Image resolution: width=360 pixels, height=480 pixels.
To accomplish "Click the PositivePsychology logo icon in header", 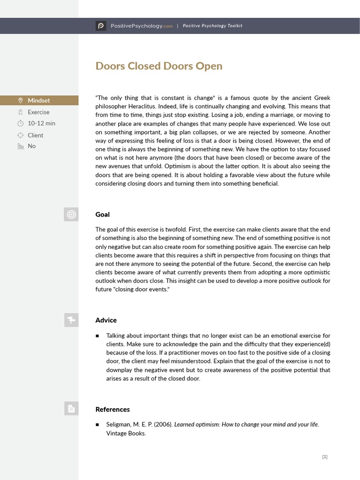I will click(101, 26).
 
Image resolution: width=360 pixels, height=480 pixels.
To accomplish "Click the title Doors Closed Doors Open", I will click(158, 66).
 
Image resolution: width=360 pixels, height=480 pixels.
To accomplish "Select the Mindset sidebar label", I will click(38, 100).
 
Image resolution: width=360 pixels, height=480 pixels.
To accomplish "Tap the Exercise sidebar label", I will click(38, 112).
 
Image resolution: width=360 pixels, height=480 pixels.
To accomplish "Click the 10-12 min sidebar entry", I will click(41, 123).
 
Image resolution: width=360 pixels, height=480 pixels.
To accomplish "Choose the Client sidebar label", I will click(35, 135).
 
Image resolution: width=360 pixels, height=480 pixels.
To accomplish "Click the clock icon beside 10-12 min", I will click(20, 123).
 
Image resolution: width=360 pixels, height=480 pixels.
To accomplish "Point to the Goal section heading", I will click(102, 214).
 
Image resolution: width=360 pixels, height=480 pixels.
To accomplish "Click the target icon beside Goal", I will click(71, 214).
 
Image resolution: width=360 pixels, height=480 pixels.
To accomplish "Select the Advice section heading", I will click(106, 320).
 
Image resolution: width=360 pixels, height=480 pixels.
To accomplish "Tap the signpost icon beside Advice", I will click(71, 320).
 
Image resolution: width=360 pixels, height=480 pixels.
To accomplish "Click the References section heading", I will click(112, 409).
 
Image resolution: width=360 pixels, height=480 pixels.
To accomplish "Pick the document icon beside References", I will click(71, 409).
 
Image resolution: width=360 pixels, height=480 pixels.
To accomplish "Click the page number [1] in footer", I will click(325, 457).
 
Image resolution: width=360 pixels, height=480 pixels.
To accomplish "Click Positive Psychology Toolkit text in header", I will click(212, 26).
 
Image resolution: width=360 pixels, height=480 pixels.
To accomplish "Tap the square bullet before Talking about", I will click(97, 336).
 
